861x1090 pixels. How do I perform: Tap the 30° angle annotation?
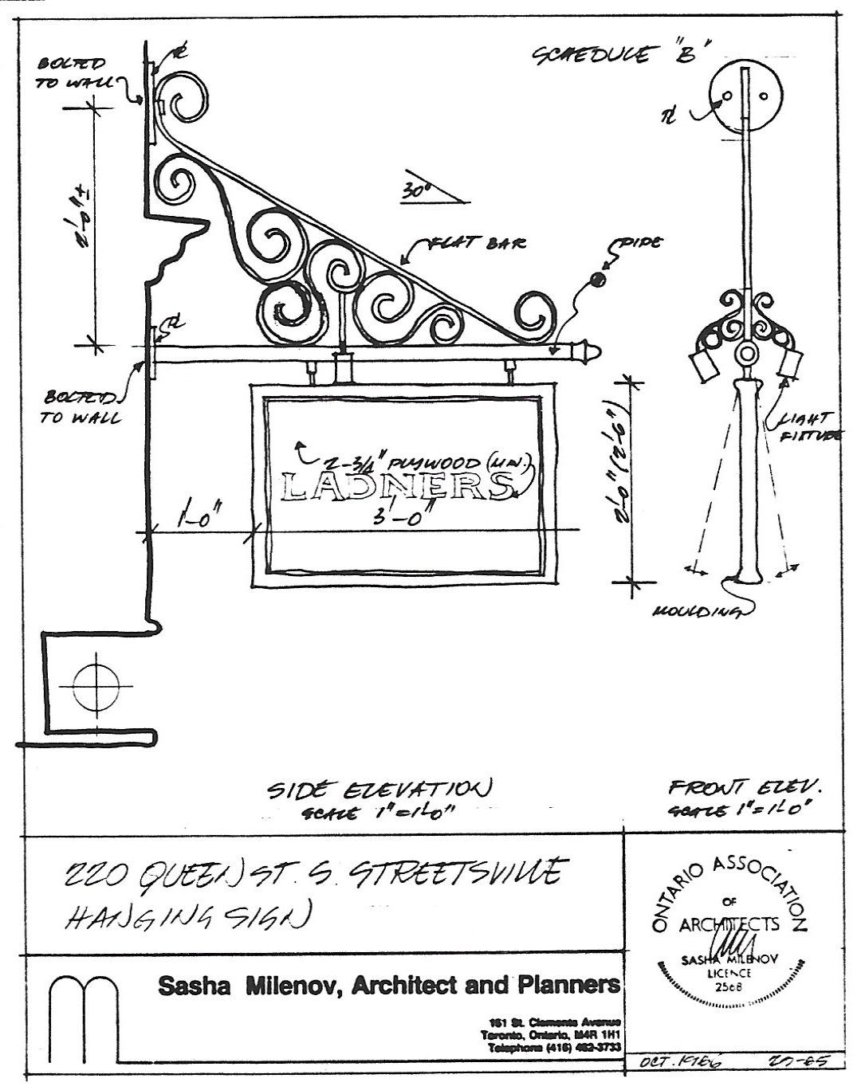(x=412, y=190)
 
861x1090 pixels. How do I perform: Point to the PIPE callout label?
(x=637, y=244)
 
